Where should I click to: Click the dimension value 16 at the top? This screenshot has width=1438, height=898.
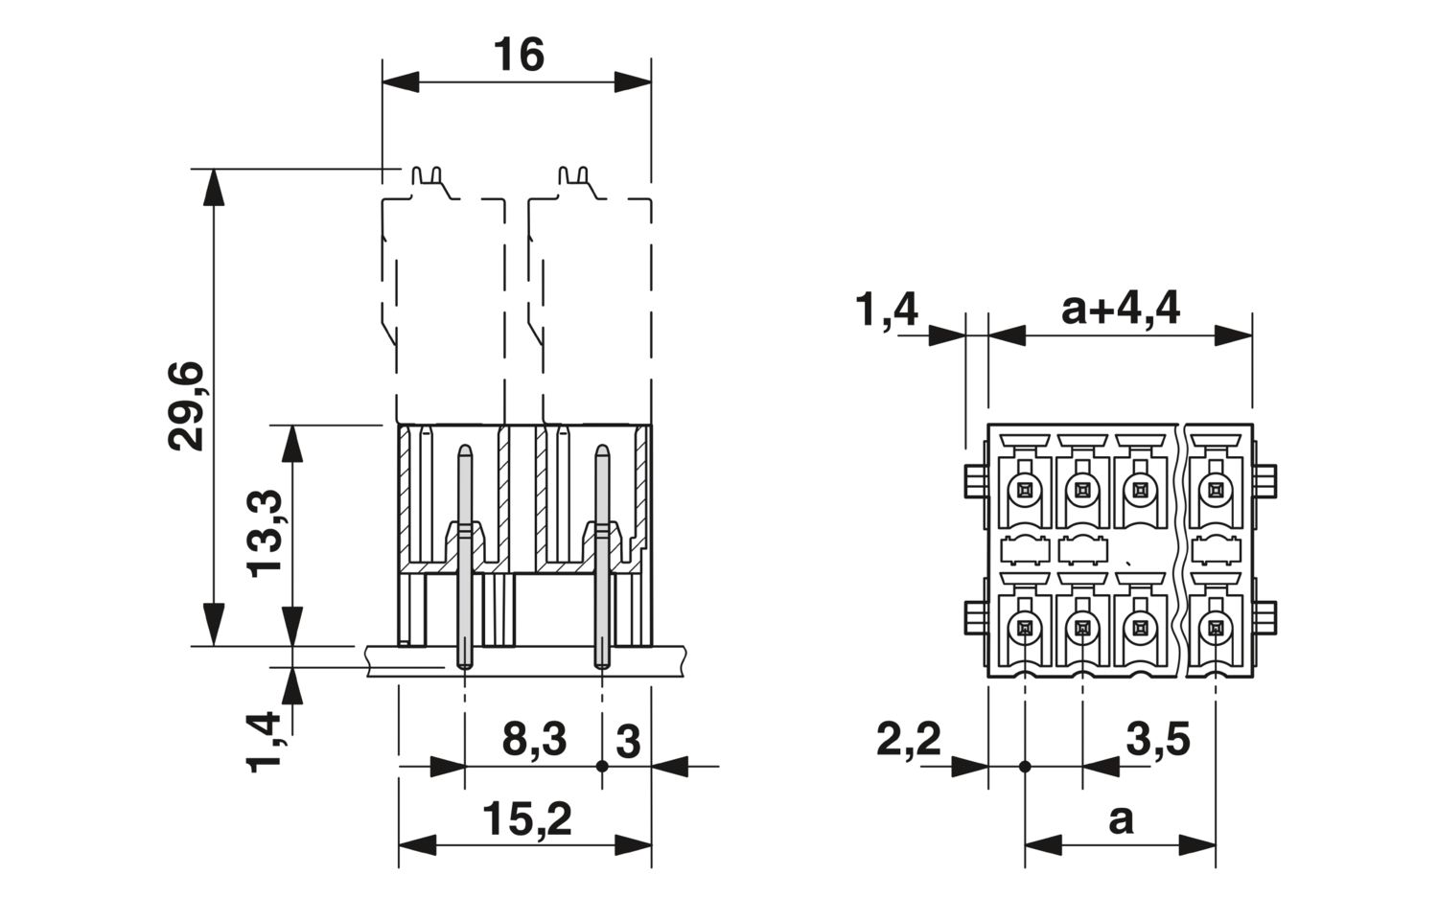(519, 55)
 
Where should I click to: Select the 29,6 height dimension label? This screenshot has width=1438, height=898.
(186, 406)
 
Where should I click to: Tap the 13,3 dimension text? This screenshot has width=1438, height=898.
(265, 534)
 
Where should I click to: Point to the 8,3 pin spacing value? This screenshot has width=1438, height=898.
(534, 739)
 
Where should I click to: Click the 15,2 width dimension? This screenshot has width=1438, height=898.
(526, 819)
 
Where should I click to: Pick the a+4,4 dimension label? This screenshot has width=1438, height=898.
(1121, 310)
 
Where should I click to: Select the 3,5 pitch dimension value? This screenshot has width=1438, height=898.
(1158, 739)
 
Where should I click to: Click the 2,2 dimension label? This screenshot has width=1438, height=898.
(909, 740)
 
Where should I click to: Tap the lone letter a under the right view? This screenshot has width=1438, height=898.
(1121, 820)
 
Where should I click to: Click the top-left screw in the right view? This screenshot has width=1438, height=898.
(1025, 491)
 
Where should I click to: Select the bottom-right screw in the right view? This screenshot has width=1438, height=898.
(1216, 627)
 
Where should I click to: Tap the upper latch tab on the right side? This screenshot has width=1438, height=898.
(1264, 481)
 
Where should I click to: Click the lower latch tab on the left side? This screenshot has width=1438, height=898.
(976, 617)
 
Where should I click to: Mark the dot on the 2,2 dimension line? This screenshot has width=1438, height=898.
(1025, 767)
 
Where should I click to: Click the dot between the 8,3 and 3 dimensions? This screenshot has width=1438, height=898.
(601, 766)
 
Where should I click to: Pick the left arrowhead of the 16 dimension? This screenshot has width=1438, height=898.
(401, 82)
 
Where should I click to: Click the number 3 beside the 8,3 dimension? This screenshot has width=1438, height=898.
(628, 742)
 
